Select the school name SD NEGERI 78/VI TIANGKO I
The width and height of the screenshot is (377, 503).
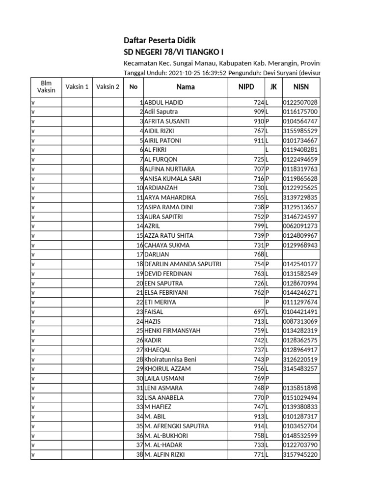169,52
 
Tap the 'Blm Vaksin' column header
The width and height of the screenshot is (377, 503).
46,87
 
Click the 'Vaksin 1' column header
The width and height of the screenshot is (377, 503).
77,87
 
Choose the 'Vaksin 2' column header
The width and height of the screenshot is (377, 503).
108,87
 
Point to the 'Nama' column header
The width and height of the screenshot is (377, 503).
186,87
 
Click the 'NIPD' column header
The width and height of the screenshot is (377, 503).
247,87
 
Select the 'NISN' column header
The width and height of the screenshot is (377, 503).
300,87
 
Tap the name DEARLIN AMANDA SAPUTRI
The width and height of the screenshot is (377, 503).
183,264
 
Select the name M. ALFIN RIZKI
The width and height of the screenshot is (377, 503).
166,455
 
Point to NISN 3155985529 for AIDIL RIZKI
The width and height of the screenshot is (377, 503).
300,131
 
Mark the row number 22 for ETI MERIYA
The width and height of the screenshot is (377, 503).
139,302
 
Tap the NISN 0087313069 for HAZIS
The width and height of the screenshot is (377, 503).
300,321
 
